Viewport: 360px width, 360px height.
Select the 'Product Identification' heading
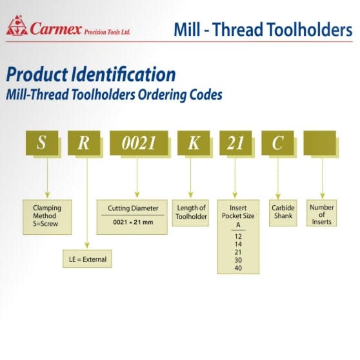pyautogui.click(x=90, y=73)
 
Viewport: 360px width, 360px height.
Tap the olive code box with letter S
pyautogui.click(x=42, y=143)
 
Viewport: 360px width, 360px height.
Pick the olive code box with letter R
pyautogui.click(x=85, y=143)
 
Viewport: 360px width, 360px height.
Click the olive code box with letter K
pyautogui.click(x=192, y=143)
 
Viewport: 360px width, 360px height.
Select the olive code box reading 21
pyautogui.click(x=235, y=143)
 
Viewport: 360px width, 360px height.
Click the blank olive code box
pyautogui.click(x=320, y=143)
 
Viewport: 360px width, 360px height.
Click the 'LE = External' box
pyautogui.click(x=86, y=259)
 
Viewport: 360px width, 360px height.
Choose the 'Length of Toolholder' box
pyautogui.click(x=192, y=212)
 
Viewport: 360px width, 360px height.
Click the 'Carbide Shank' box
pyautogui.click(x=282, y=212)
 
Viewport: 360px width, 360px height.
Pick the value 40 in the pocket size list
pyautogui.click(x=239, y=268)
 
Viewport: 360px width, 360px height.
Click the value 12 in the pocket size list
pyautogui.click(x=239, y=237)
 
